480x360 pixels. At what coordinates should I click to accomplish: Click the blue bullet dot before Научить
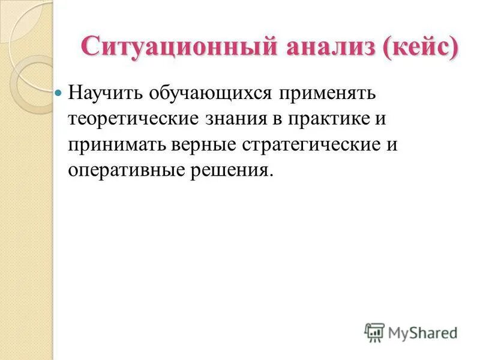[x=58, y=94]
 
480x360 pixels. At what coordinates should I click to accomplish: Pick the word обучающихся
[x=208, y=94]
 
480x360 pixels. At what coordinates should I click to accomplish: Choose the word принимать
[x=115, y=145]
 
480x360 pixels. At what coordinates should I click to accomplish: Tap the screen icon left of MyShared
[x=374, y=332]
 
